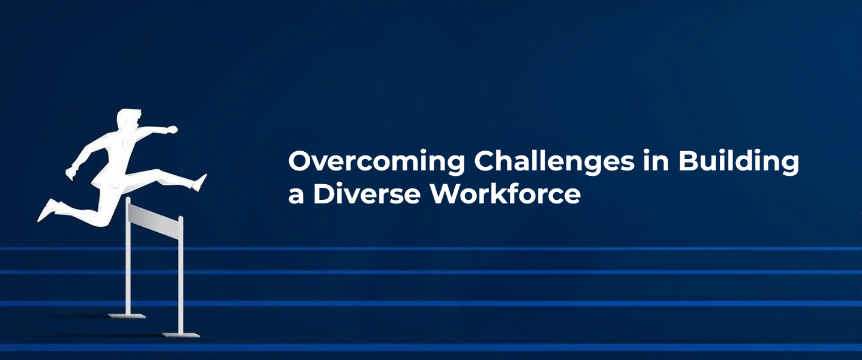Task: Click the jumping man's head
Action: pos(128,119)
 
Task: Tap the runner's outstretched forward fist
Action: pos(172,129)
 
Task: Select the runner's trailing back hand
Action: pos(71,173)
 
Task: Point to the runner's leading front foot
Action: pos(200,182)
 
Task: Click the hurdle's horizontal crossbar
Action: pos(154,218)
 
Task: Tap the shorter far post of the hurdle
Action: pos(128,264)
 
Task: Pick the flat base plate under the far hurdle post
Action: pos(127,315)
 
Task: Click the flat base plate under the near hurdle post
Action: pos(181,334)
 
